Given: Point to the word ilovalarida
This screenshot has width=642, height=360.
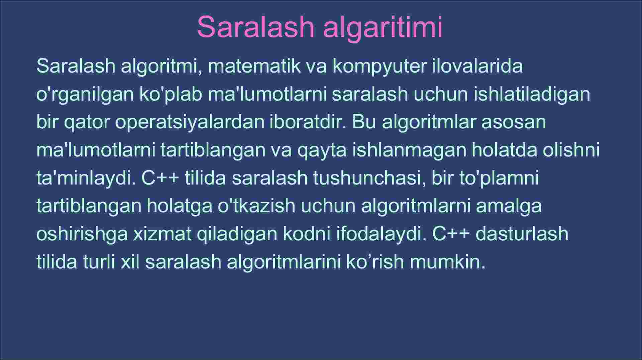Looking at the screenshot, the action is click(477, 66).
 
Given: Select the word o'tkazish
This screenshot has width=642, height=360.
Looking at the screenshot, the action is click(256, 206).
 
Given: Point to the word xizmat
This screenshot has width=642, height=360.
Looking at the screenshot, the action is click(163, 234).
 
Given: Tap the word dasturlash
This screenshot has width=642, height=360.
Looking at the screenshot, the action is click(522, 234).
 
